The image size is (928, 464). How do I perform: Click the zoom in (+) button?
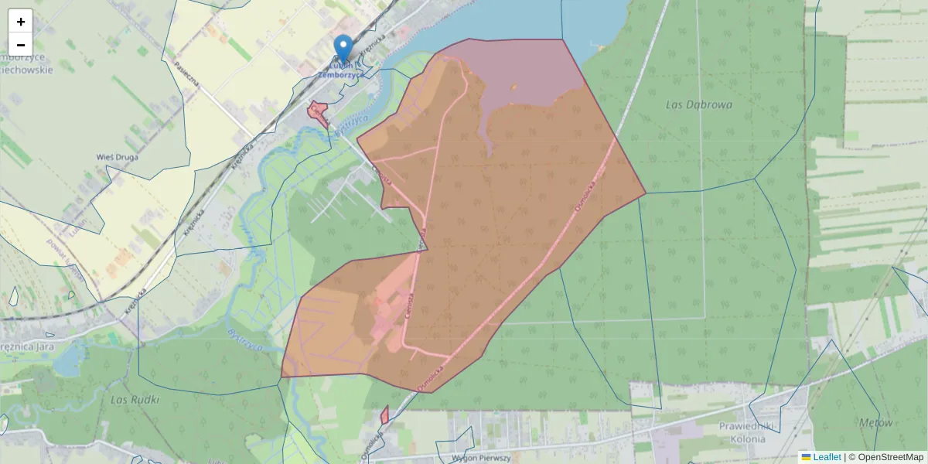21,22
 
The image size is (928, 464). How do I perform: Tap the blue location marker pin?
343,48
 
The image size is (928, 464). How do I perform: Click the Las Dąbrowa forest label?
698,104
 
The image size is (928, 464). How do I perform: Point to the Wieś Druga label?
118,157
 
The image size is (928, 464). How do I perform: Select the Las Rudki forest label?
135,400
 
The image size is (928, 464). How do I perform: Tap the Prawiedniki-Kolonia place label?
731,433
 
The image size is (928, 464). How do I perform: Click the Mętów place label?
875,423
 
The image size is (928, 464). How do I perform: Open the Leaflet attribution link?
827,457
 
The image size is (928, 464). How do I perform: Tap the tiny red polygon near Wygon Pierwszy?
384,415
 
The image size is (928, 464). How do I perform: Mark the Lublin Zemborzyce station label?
340,70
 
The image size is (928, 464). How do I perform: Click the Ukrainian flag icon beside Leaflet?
806,457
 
